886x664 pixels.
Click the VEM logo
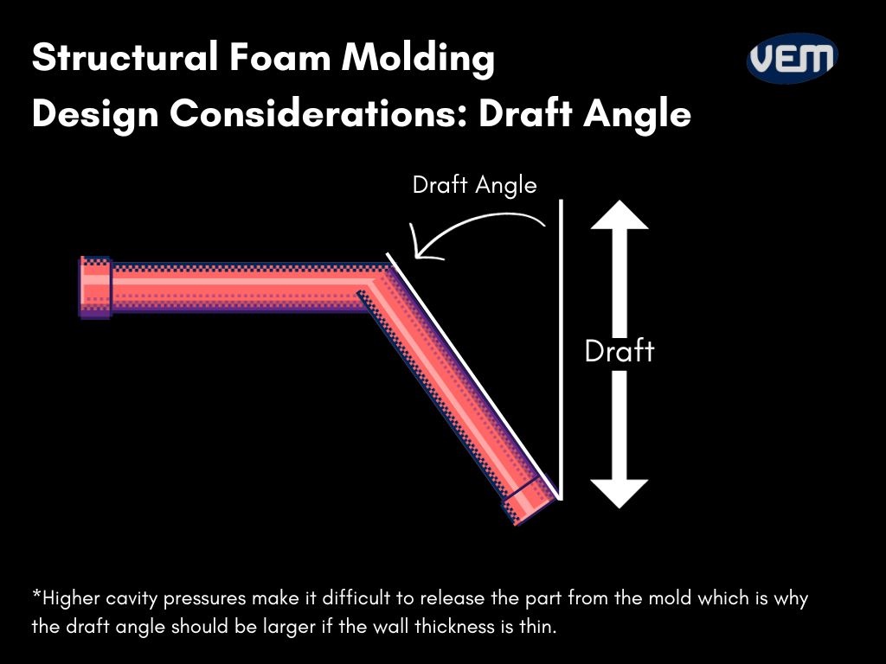pos(792,59)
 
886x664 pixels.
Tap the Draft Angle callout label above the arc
pos(474,185)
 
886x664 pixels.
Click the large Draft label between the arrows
pos(619,351)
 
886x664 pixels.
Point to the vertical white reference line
pos(562,346)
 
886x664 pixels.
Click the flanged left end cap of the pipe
pos(95,287)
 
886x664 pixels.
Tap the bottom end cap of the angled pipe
pos(530,501)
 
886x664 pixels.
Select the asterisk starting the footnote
pos(36,596)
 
